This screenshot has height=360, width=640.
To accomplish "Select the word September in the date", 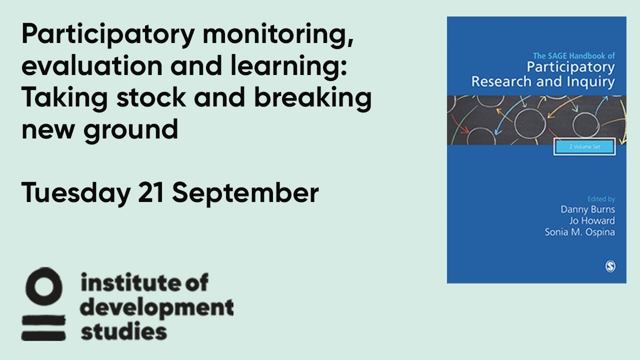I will pyautogui.click(x=245, y=193).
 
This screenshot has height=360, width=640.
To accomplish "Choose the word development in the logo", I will pyautogui.click(x=157, y=308).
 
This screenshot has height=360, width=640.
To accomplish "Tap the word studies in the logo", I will pyautogui.click(x=123, y=331).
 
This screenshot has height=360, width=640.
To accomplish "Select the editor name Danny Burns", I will pyautogui.click(x=587, y=209).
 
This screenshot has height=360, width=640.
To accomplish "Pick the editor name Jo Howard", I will pyautogui.click(x=591, y=220).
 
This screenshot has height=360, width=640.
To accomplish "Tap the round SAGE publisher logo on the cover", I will pyautogui.click(x=609, y=267).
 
